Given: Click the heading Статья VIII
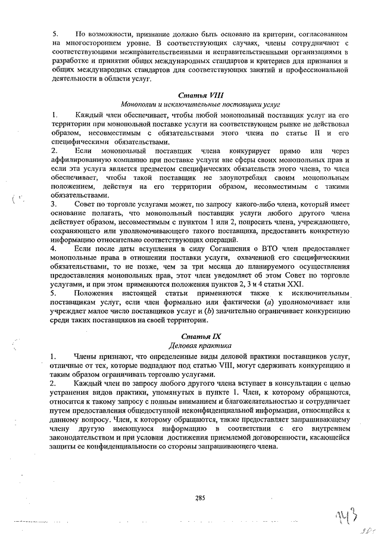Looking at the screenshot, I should (x=199, y=95).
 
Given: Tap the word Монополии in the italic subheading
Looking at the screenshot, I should (x=138, y=104).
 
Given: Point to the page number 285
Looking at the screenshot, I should (x=199, y=497).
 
